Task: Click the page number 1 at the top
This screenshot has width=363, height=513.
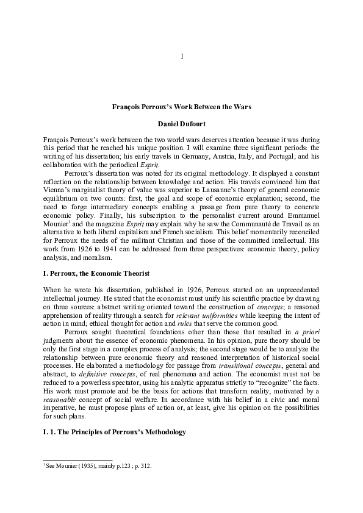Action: pos(182,57)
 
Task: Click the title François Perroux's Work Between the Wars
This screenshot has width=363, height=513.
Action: pos(182,107)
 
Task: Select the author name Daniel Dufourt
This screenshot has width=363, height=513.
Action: pos(182,124)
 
